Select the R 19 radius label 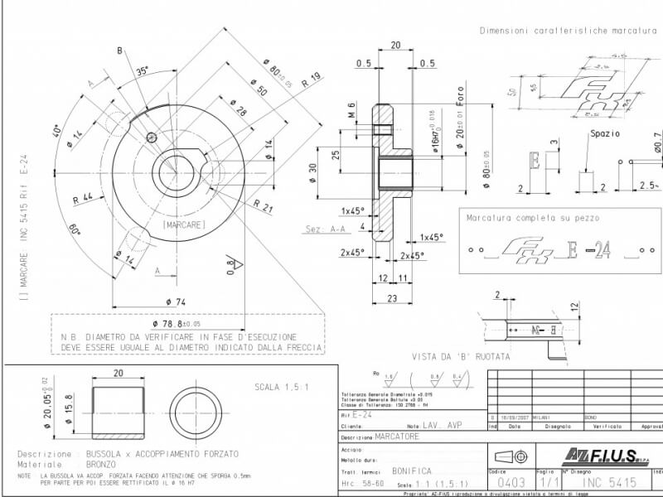pyautogui.click(x=312, y=80)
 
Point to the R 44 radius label pyautogui.click(x=83, y=198)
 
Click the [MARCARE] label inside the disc pyautogui.click(x=184, y=224)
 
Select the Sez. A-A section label pyautogui.click(x=325, y=229)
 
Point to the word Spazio pyautogui.click(x=605, y=133)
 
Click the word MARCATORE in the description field pyautogui.click(x=397, y=436)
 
